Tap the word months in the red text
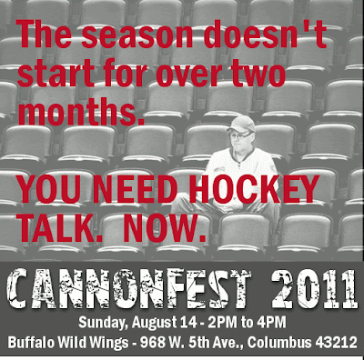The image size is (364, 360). click(81, 110)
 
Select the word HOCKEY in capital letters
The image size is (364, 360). click(254, 188)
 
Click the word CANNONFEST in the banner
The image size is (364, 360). click(130, 288)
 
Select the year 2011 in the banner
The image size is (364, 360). click(314, 288)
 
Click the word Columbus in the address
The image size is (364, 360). click(279, 343)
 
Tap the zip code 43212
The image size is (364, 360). click(336, 343)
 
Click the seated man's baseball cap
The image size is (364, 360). click(241, 124)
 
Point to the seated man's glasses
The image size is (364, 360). click(239, 135)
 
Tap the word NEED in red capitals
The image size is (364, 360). click(135, 188)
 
